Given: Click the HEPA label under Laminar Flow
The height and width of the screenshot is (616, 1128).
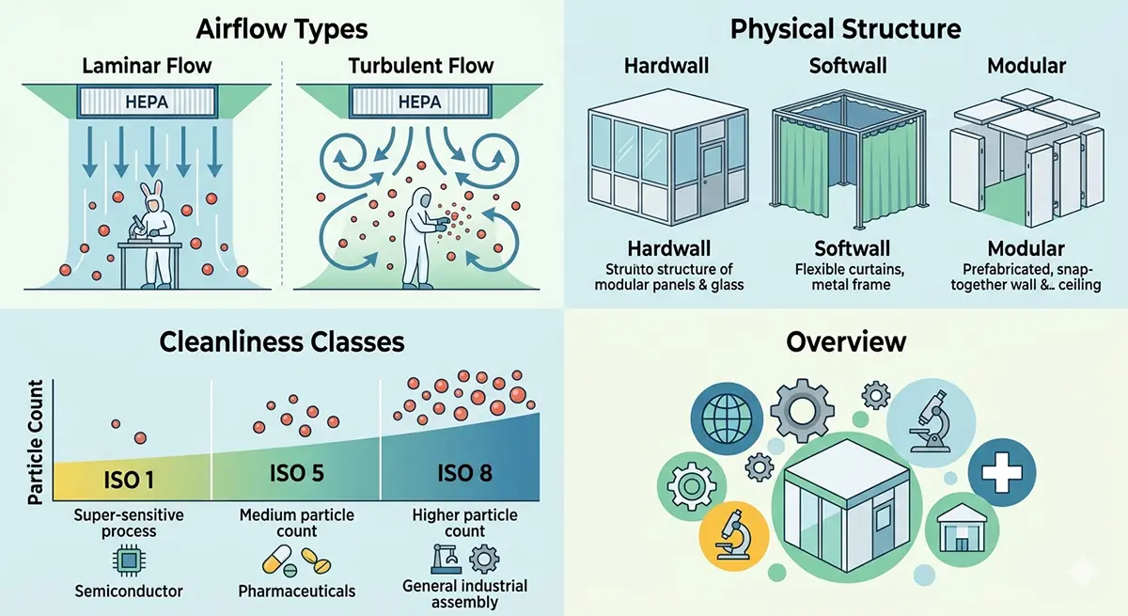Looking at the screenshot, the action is pyautogui.click(x=147, y=103).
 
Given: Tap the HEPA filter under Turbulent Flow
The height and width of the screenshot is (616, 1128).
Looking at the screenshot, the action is pyautogui.click(x=420, y=102).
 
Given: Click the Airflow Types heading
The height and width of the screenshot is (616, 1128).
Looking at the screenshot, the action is pyautogui.click(x=282, y=29).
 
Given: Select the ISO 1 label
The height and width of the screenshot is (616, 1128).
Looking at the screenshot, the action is pyautogui.click(x=129, y=480).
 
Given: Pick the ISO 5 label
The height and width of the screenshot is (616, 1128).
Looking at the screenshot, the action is pyautogui.click(x=297, y=473).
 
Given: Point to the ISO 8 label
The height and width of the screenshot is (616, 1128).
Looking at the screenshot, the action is pyautogui.click(x=464, y=473).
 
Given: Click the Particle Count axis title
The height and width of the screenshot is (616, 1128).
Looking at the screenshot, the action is pyautogui.click(x=36, y=442).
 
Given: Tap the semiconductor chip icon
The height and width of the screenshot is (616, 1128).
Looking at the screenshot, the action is pyautogui.click(x=129, y=561).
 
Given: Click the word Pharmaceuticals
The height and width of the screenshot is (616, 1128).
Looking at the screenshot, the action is pyautogui.click(x=297, y=591).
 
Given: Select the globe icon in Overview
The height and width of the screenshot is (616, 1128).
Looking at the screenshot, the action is pyautogui.click(x=726, y=419).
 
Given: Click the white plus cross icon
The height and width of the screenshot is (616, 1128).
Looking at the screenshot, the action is pyautogui.click(x=1002, y=472).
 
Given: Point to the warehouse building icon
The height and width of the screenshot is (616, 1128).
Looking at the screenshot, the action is pyautogui.click(x=962, y=528).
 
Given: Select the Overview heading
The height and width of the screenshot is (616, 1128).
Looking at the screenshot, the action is pyautogui.click(x=846, y=342).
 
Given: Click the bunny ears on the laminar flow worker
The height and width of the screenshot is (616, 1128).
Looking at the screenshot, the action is pyautogui.click(x=151, y=190).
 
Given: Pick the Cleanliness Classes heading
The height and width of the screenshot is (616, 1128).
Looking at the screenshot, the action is pyautogui.click(x=282, y=342).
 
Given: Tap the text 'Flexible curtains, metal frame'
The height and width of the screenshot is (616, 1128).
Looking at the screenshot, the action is pyautogui.click(x=850, y=277).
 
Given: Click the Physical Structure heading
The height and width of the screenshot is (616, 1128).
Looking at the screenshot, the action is pyautogui.click(x=845, y=29).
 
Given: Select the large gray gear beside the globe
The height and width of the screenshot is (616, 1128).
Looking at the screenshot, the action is pyautogui.click(x=802, y=410).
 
